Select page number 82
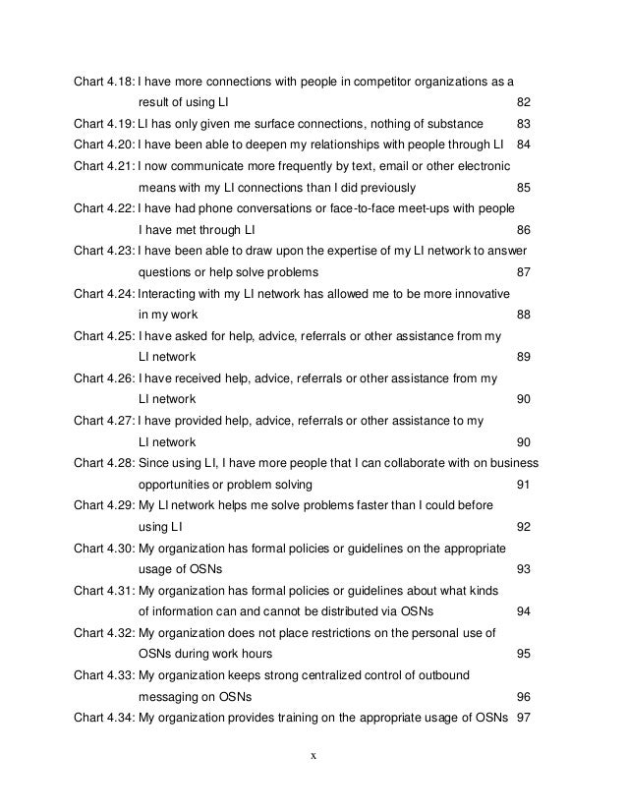point(523,102)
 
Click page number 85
point(523,188)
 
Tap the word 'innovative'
point(475,294)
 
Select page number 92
point(523,528)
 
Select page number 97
point(523,719)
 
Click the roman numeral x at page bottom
point(313,757)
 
